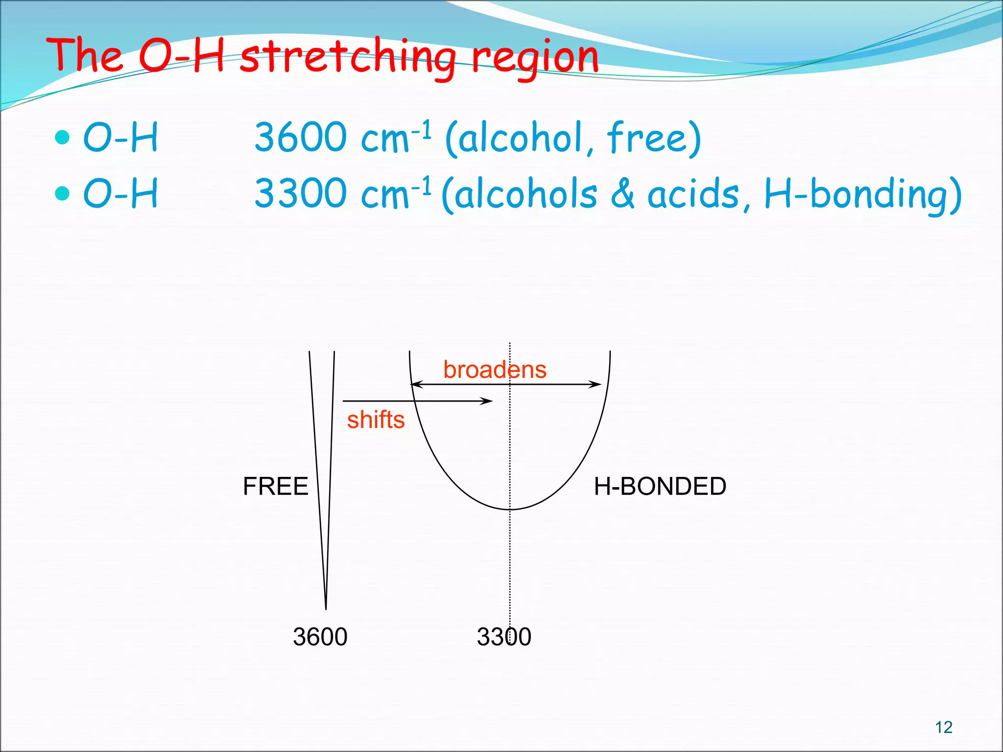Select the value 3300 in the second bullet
[x=301, y=193]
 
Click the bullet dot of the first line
[x=63, y=138]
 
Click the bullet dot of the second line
[x=63, y=193]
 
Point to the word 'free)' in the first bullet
[x=654, y=138]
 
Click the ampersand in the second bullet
[x=622, y=194]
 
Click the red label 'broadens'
[x=495, y=370]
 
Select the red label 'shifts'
[x=376, y=420]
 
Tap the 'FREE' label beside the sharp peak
[x=275, y=486]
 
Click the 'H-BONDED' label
[x=660, y=486]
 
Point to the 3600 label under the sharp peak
[x=320, y=636]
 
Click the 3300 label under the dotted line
[x=504, y=636]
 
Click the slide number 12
[x=944, y=727]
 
